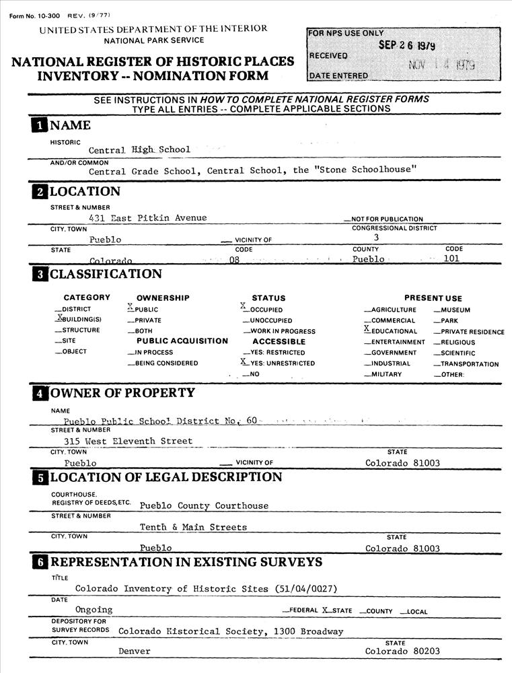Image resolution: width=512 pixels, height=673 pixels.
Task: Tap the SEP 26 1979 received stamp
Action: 406,46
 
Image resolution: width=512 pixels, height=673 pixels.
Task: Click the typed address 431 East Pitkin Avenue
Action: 147,217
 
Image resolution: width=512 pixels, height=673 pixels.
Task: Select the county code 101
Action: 451,258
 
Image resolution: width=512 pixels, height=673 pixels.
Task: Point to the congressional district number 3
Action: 377,237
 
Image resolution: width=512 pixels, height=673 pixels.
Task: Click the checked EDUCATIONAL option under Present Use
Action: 390,330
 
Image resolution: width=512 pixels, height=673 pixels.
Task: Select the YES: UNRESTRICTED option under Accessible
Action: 277,363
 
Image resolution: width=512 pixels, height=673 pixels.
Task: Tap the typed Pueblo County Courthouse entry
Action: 203,505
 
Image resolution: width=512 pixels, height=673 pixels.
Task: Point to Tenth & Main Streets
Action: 193,527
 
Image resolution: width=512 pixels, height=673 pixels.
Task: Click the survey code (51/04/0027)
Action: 306,588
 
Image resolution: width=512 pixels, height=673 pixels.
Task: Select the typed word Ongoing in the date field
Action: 94,610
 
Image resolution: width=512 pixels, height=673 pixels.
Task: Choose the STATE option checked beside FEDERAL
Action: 337,611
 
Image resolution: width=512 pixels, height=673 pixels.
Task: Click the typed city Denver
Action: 135,651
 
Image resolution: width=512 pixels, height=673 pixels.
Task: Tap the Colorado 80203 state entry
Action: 402,651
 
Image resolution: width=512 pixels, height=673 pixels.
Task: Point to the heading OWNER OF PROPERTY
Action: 122,393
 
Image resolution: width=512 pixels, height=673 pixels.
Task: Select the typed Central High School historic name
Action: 139,149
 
